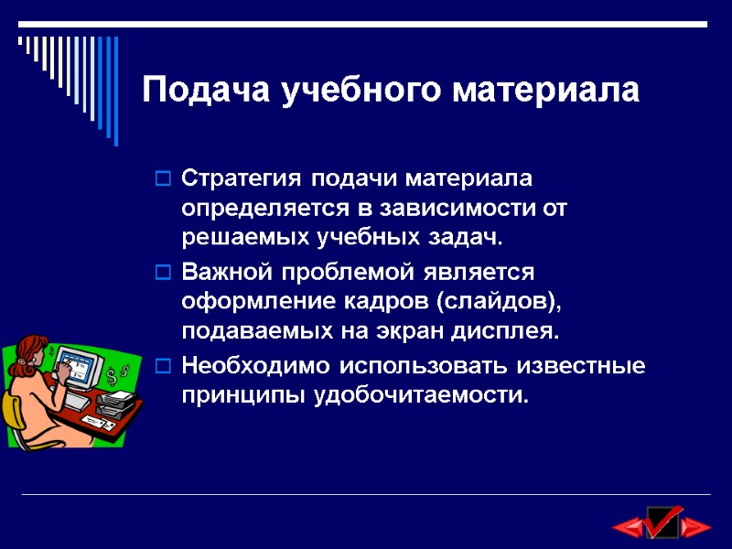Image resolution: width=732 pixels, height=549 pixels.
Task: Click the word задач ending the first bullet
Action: [467, 238]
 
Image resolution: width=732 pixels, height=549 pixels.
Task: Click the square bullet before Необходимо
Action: [162, 367]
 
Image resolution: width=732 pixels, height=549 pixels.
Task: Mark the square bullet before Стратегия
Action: [162, 177]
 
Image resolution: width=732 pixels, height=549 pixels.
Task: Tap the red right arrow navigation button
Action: [697, 527]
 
